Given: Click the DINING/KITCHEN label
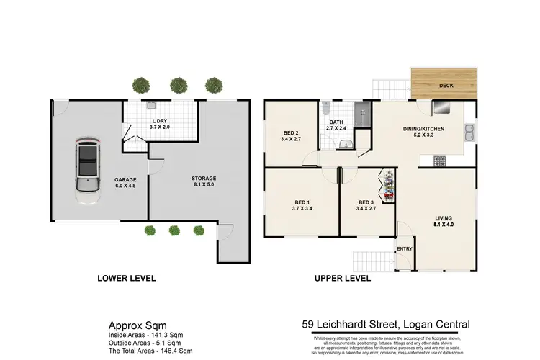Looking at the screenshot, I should pyautogui.click(x=423, y=128).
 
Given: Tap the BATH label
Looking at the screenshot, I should pyautogui.click(x=337, y=122).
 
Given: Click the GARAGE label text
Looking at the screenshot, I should pyautogui.click(x=126, y=179).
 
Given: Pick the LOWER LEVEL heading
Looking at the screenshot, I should pyautogui.click(x=127, y=277).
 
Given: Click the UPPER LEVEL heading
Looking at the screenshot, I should pyautogui.click(x=343, y=277).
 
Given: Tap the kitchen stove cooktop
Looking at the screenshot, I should pyautogui.click(x=440, y=161).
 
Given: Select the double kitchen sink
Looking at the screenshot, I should pyautogui.click(x=469, y=132).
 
